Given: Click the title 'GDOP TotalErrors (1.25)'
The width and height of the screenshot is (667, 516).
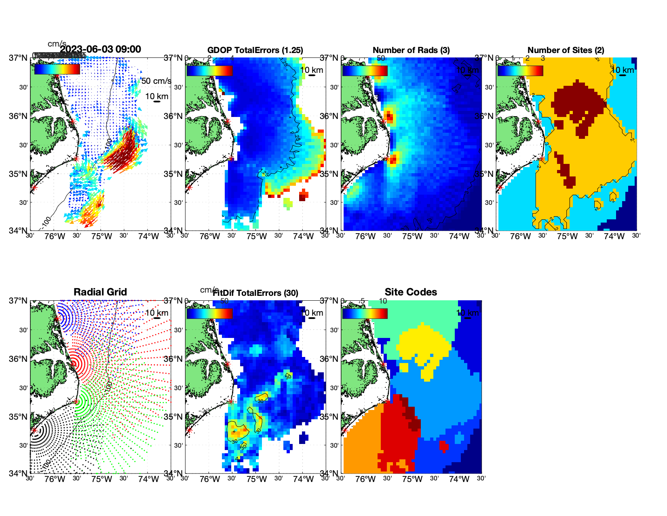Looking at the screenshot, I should tap(255, 50).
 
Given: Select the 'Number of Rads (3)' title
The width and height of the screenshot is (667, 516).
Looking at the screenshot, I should tap(411, 50).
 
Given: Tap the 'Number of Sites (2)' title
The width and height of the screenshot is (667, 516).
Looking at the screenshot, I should tap(566, 50).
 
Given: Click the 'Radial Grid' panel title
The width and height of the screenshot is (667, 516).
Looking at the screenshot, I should tap(100, 292).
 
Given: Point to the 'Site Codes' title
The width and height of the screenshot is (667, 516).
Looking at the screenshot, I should tap(411, 292).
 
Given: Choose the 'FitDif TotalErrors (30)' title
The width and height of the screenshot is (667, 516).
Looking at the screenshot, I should tap(255, 293).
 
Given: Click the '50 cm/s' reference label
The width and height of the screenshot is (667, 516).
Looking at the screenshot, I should tap(156, 81).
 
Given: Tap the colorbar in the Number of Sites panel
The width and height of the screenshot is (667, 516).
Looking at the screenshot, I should tap(520, 70).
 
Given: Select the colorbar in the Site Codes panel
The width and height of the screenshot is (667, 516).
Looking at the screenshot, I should tap(365, 313).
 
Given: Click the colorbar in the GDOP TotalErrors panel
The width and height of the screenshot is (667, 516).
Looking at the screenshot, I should tap(209, 70).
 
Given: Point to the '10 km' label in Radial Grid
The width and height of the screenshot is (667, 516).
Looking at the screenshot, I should tap(156, 313).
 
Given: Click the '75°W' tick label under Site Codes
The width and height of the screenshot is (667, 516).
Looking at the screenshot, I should tap(412, 479).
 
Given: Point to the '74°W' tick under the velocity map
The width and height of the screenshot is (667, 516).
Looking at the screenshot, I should tap(148, 236).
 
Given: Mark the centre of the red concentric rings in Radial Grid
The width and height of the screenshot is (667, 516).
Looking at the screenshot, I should tap(74, 363).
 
